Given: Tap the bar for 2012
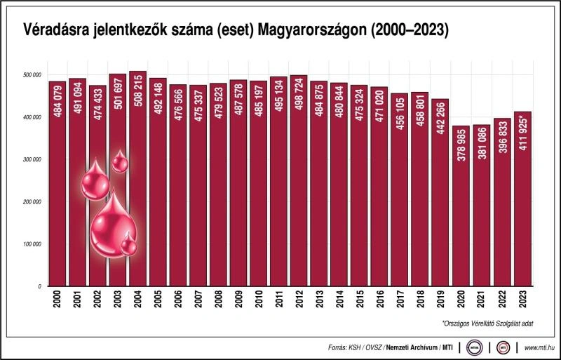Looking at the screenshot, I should point(299,182).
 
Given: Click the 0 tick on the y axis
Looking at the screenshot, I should point(41,286).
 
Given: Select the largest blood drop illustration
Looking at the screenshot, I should point(112,225).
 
